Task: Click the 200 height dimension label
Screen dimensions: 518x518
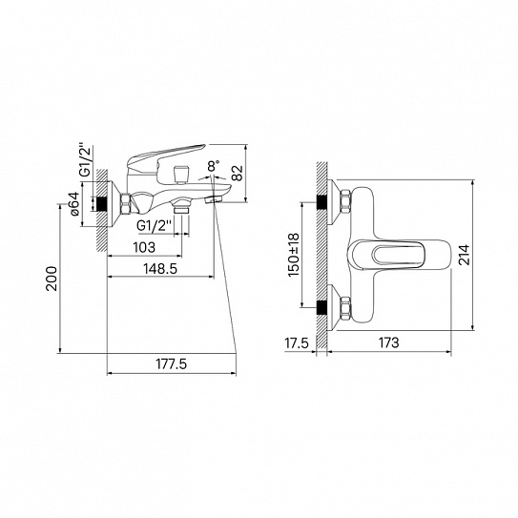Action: [x=52, y=279]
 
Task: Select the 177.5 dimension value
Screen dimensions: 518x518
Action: [x=171, y=364]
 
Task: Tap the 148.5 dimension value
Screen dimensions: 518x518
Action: [x=160, y=269]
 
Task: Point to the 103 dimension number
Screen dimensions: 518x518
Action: [x=144, y=247]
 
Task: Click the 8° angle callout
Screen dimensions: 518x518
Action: [x=214, y=165]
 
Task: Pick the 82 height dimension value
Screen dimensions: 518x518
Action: [x=237, y=173]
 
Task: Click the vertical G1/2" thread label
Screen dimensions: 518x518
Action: [x=85, y=160]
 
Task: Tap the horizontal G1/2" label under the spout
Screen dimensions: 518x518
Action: [x=154, y=226]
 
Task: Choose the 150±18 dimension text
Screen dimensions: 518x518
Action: [x=294, y=255]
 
